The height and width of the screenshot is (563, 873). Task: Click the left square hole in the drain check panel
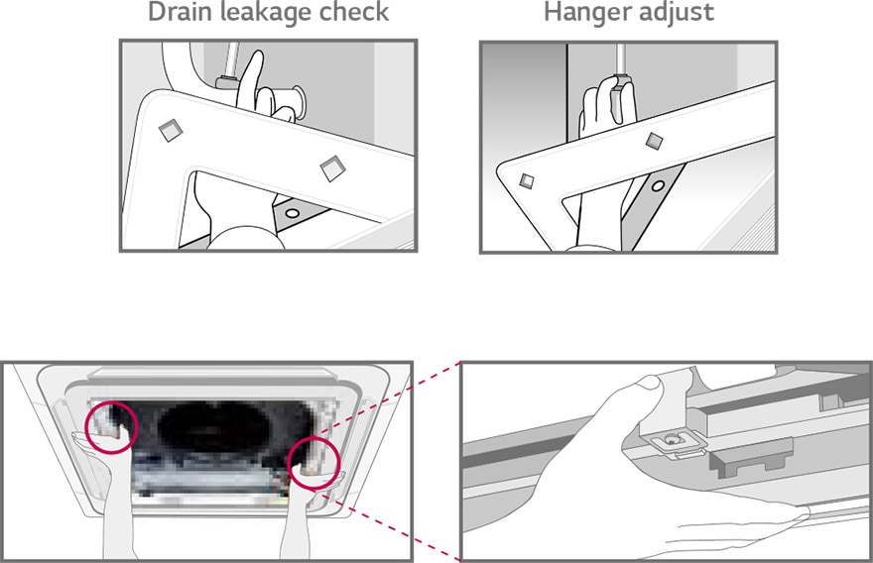(171, 127)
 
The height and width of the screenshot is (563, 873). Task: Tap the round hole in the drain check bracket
(292, 211)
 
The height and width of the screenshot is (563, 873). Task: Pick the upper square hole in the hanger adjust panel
(653, 141)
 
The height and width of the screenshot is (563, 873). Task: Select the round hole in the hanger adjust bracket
(657, 184)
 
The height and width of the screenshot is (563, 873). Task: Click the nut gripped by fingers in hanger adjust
(621, 90)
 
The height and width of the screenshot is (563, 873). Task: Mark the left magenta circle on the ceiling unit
(109, 427)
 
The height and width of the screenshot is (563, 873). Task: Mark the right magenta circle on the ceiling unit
(313, 462)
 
